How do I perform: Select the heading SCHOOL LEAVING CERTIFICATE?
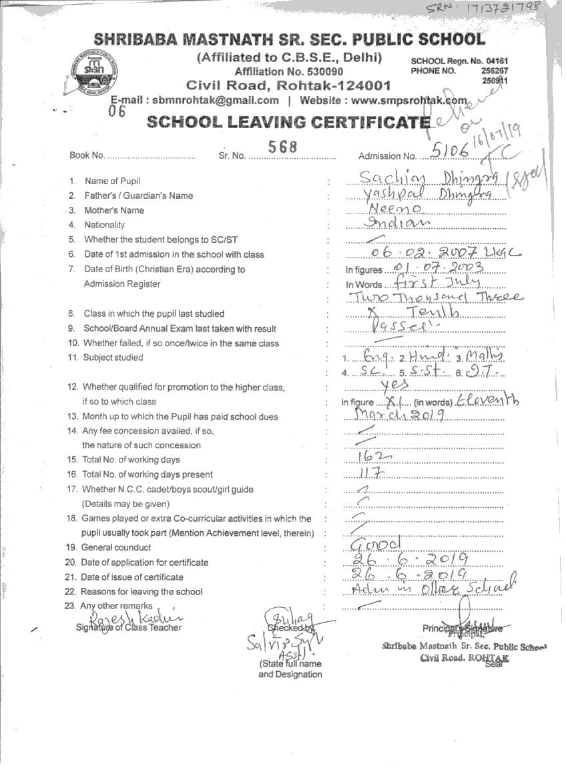[288, 122]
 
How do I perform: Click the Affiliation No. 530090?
[289, 71]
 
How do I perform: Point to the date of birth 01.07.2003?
[437, 268]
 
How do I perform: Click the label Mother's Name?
[114, 210]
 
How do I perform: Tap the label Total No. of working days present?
[147, 474]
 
